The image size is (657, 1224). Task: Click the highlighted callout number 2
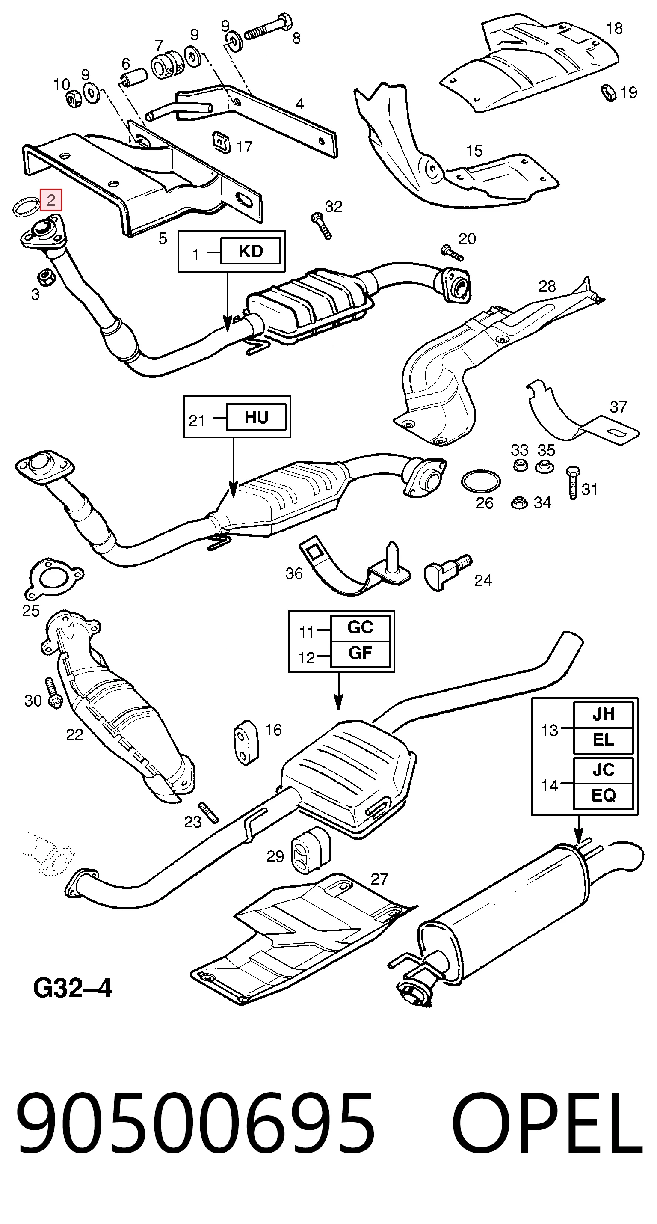(51, 199)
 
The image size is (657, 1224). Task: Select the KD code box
(250, 251)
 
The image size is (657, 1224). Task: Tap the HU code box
(257, 417)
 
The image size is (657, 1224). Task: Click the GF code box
(360, 654)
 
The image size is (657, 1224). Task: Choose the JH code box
(603, 714)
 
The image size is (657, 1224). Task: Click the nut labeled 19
(608, 92)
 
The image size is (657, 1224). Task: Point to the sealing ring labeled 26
(480, 481)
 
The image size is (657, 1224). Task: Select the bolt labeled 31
(573, 483)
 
